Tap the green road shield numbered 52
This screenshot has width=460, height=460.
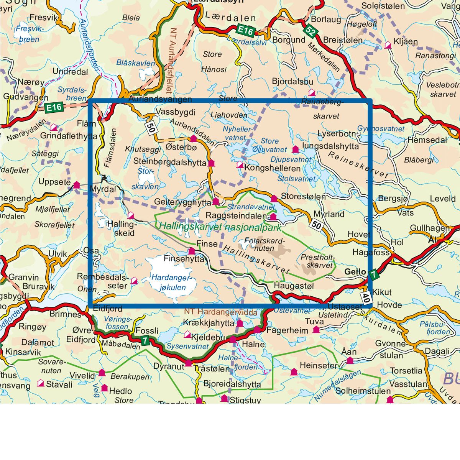point(310,31)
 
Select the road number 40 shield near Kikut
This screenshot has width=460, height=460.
point(365,297)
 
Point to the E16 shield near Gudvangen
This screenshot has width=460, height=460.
point(54,108)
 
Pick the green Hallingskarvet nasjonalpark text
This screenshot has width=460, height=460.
point(220,227)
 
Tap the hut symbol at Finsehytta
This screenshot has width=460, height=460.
point(191,251)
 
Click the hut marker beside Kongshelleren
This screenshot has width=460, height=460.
point(240,165)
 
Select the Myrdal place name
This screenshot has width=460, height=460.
point(102,189)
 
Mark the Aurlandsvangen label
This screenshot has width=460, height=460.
point(160,99)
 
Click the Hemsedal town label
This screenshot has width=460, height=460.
point(427,140)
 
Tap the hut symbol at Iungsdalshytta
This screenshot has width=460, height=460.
point(295,149)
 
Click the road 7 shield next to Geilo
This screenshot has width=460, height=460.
point(373,274)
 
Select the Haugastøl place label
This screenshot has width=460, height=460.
point(294,286)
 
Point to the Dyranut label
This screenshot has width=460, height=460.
point(169,366)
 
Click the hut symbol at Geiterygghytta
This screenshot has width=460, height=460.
point(216,201)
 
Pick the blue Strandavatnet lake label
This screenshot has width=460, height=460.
point(251,207)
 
